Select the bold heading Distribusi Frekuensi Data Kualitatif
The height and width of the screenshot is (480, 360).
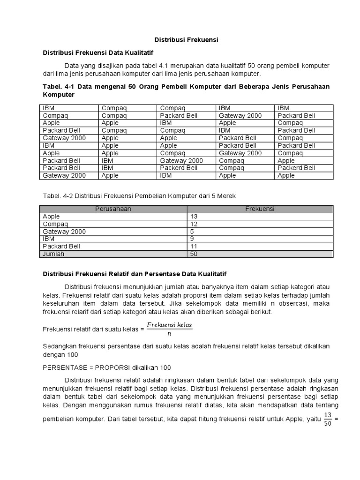point(98,53)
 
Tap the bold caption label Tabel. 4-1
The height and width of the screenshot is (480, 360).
point(58,87)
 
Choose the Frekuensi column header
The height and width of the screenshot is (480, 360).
point(260,209)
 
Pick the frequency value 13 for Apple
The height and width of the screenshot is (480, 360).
point(194,217)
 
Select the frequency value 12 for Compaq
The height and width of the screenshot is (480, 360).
point(194,224)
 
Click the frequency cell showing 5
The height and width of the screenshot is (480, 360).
point(192,232)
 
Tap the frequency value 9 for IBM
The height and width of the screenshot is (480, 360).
point(192,239)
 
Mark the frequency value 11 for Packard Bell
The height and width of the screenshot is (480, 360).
point(194,246)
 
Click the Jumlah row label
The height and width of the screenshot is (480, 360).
point(53,254)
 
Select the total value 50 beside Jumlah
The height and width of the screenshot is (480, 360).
point(194,254)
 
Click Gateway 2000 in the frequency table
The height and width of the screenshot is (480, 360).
point(64,232)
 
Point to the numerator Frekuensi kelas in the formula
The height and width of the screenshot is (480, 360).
point(169,325)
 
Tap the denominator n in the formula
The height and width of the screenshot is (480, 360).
point(169,334)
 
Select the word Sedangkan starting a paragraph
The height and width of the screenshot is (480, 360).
point(60,346)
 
